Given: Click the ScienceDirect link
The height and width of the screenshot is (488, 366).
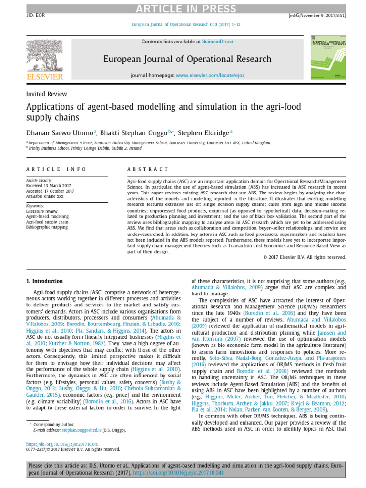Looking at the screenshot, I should (x=218, y=42).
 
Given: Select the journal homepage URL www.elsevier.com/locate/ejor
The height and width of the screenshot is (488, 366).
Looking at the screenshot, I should (x=210, y=75).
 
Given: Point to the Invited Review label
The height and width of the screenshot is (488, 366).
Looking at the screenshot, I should (x=47, y=94).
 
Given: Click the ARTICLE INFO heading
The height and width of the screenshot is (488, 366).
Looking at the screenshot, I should (x=56, y=169).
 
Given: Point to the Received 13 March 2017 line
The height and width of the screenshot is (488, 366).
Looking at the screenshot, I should (x=48, y=186).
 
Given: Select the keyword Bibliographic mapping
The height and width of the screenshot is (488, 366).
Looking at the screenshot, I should (x=47, y=227).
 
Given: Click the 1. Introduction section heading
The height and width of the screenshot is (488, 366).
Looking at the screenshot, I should (x=44, y=281).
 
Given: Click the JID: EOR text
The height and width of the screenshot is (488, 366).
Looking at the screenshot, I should (x=35, y=15).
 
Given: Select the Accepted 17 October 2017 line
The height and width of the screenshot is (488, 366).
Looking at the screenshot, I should (x=50, y=191).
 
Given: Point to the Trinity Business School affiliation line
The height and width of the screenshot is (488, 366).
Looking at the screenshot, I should (x=84, y=148).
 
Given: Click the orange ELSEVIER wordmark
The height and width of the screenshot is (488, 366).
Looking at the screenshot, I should (x=44, y=77).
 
